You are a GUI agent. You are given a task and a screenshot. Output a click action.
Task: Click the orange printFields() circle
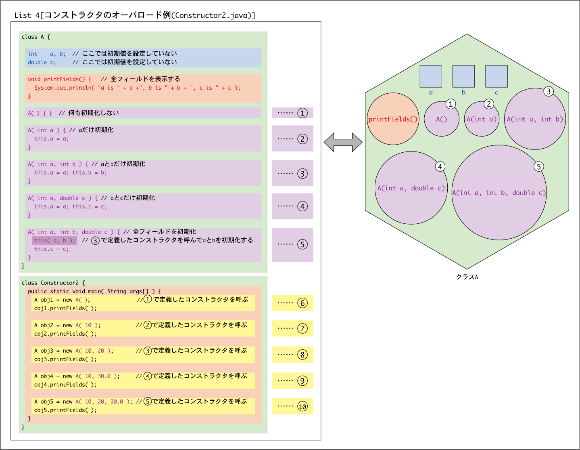coord(393,119)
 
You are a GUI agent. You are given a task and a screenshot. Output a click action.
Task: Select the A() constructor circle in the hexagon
coord(442,119)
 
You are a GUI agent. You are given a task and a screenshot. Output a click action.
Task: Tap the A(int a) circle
coord(482,119)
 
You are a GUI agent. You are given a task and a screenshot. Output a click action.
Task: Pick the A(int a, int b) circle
coord(535,119)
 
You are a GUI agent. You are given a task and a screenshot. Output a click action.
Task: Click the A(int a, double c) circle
coord(411,188)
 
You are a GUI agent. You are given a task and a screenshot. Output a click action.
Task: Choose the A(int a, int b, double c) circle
coord(499,193)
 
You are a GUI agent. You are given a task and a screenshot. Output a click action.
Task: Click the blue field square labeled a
coord(431,76)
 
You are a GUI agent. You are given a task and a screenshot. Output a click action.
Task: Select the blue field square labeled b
coord(463,76)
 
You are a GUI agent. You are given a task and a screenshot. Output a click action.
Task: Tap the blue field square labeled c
coord(497,76)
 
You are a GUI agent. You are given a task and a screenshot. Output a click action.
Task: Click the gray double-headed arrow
coord(343,143)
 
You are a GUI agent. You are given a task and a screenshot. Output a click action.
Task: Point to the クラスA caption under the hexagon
coord(467,277)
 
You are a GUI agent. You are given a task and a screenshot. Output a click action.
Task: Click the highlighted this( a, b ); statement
coord(55,240)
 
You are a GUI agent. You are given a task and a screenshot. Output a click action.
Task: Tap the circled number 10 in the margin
coord(303,406)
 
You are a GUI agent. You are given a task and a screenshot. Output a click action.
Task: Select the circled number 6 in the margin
coord(303,303)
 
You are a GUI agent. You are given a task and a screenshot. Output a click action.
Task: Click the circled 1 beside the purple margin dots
coord(303,113)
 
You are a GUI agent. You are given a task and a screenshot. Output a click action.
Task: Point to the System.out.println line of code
coord(137,88)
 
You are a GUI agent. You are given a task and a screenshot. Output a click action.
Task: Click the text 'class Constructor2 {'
coord(53,283)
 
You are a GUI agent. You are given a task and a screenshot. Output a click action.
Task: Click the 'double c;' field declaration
coord(42,62)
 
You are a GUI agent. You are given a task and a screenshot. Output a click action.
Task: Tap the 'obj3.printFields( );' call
coord(65,359)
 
